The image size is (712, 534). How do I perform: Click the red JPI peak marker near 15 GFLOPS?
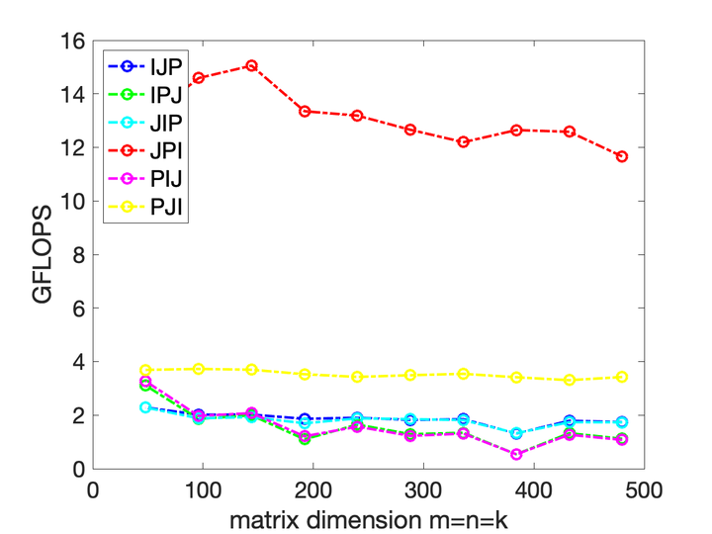point(251,66)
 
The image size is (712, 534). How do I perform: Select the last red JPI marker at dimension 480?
point(622,156)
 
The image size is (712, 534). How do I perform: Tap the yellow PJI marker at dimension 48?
point(145,370)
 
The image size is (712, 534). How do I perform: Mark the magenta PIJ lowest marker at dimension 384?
point(516,454)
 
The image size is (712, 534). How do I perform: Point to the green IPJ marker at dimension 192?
point(305,439)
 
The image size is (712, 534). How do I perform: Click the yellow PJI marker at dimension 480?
point(622,377)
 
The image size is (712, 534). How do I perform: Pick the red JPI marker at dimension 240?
point(357,116)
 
